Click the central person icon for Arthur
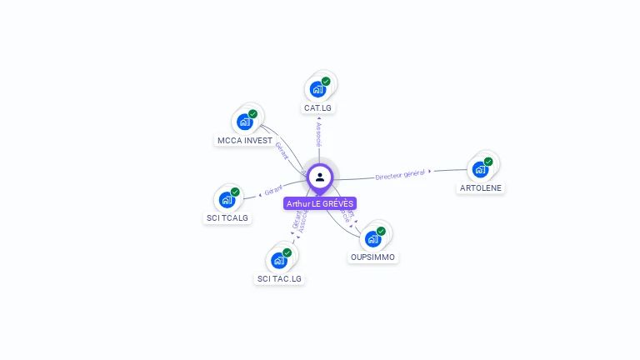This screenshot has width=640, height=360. pos(320,177)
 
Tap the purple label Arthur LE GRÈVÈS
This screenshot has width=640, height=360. pos(320,203)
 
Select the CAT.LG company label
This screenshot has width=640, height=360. pos(318,107)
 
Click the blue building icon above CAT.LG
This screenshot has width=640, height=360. pos(317,89)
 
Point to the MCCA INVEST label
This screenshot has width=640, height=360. pos(245,141)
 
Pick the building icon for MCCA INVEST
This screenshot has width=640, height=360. pos(245,122)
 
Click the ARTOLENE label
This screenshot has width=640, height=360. pos(481,188)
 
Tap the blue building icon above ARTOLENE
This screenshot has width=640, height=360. pos(480,169)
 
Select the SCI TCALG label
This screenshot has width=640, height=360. pos(227,218)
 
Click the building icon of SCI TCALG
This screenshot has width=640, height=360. pos(227,200)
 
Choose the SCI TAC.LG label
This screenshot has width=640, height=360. pos(279,278)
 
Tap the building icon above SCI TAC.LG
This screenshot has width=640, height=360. pos(279,260)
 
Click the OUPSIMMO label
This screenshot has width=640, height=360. pos(372,257)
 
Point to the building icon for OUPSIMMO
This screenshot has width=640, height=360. pos(372,238)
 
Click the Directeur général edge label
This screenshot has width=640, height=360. pos(401,174)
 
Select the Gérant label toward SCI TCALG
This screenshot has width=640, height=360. pos(273,190)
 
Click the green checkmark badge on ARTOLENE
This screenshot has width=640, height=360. pos(488,162)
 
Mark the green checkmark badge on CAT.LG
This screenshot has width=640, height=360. pos(326,82)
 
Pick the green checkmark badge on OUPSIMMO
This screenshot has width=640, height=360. pos(381,231)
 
